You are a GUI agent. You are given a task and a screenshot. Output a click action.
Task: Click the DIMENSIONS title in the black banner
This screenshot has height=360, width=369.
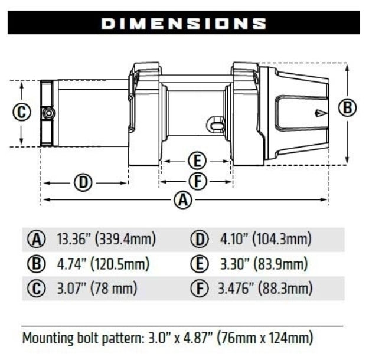(184, 23)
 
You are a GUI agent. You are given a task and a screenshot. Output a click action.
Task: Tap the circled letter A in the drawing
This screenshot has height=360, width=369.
(184, 200)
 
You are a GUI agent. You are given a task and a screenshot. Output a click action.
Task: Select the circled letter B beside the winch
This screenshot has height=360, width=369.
(348, 107)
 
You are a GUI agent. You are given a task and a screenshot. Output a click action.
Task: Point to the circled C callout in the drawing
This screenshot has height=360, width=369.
(22, 112)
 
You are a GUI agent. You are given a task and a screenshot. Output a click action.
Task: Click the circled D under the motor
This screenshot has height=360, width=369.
(83, 183)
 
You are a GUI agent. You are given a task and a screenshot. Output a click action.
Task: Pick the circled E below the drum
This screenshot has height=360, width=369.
(197, 160)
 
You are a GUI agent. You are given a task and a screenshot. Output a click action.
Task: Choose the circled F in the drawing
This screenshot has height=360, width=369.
(197, 181)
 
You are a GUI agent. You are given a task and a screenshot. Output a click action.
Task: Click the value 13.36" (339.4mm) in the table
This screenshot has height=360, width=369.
(106, 239)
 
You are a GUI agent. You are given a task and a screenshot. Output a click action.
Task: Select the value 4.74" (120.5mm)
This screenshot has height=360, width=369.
(103, 264)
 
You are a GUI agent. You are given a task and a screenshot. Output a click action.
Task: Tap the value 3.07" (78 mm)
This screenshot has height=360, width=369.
(97, 289)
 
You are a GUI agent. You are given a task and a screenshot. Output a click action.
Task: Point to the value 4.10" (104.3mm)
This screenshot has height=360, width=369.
(266, 239)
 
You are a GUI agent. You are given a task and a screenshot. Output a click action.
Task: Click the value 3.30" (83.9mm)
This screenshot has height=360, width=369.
(264, 264)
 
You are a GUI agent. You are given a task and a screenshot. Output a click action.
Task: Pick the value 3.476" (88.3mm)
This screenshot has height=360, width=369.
(265, 289)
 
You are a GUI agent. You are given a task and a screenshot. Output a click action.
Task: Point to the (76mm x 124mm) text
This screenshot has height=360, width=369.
(265, 339)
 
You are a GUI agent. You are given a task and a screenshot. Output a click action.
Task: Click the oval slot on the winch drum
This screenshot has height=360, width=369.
(217, 125)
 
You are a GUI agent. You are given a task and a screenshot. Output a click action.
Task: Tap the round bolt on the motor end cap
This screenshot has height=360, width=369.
(48, 113)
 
